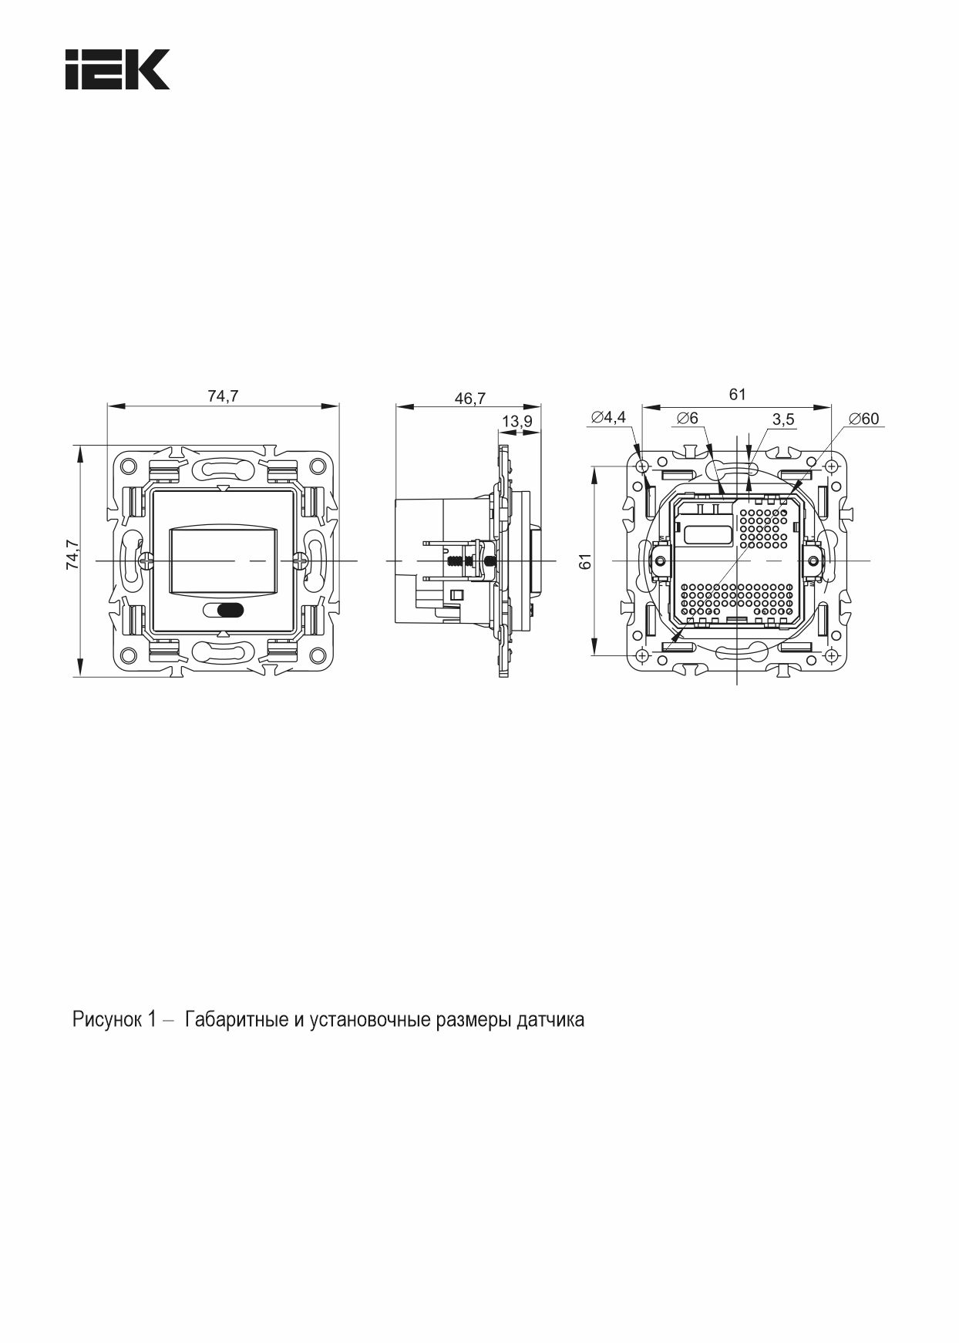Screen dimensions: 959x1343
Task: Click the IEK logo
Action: [116, 69]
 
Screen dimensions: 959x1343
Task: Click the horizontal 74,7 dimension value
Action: [223, 396]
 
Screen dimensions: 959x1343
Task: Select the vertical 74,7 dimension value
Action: [72, 554]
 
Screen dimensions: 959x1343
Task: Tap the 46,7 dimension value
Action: [469, 398]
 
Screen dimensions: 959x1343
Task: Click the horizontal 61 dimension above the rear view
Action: [738, 394]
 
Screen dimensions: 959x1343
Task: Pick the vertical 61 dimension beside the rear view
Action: [585, 561]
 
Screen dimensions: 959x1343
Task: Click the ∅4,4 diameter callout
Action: [608, 418]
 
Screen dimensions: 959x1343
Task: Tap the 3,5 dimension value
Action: [783, 419]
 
